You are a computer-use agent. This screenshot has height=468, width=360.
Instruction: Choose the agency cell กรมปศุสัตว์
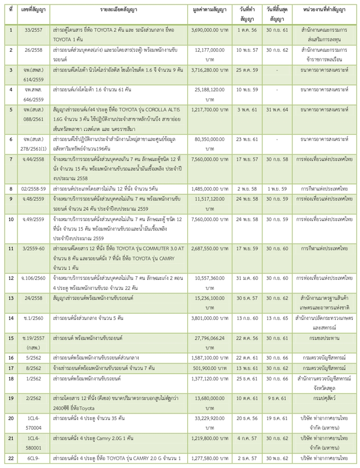click(x=320, y=397)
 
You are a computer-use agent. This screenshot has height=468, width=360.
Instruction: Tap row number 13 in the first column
click(x=10, y=299)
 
